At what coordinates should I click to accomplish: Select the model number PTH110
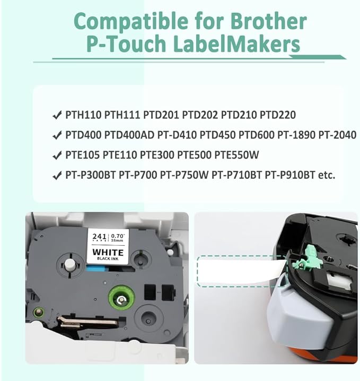click(x=83, y=115)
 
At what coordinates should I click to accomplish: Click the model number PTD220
click(x=278, y=115)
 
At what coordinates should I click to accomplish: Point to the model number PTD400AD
click(x=129, y=135)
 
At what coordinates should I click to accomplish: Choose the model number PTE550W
click(x=236, y=155)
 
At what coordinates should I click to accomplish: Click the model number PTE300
click(x=157, y=155)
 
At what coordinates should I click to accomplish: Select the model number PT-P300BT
click(x=90, y=175)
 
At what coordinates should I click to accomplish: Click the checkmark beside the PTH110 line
click(x=57, y=115)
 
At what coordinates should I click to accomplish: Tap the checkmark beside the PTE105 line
click(x=57, y=155)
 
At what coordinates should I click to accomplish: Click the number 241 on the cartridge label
click(x=99, y=237)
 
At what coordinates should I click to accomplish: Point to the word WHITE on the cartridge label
click(x=108, y=252)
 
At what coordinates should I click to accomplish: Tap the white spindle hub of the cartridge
click(x=69, y=264)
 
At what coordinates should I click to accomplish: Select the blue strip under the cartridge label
click(x=96, y=269)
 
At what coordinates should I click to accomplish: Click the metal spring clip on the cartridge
click(x=88, y=322)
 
